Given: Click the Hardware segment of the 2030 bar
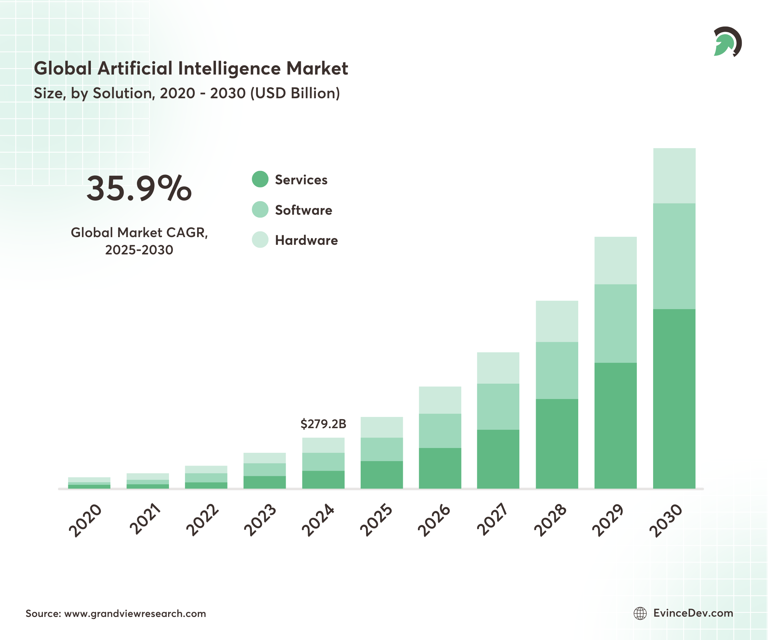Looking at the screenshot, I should pyautogui.click(x=674, y=176).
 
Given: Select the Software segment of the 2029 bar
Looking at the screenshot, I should pyautogui.click(x=615, y=323).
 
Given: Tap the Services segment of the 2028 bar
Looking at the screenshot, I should pyautogui.click(x=556, y=443).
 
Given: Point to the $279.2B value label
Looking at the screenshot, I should pyautogui.click(x=323, y=424).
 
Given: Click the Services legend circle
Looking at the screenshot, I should pyautogui.click(x=260, y=179).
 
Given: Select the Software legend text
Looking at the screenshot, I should pyautogui.click(x=304, y=210).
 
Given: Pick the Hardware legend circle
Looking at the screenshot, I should pyautogui.click(x=260, y=240).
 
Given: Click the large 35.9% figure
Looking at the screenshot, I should pyautogui.click(x=139, y=188).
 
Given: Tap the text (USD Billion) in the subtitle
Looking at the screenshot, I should pyautogui.click(x=295, y=93).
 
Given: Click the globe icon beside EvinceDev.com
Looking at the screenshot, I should pyautogui.click(x=640, y=613).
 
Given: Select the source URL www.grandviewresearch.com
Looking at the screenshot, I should pyautogui.click(x=135, y=613).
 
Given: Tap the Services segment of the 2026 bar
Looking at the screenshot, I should pyautogui.click(x=440, y=468).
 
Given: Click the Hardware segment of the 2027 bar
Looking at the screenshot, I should pyautogui.click(x=498, y=368).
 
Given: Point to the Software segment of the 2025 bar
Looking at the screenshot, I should pyautogui.click(x=381, y=449).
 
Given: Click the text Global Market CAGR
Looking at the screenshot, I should pyautogui.click(x=139, y=233).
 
